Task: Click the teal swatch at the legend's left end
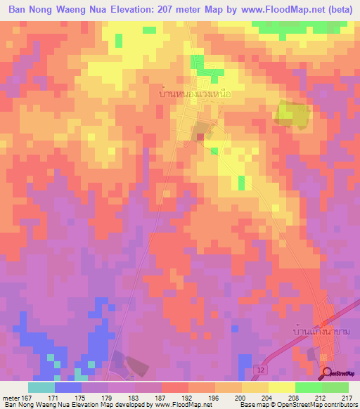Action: tap(41, 387)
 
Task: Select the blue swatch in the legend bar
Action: tap(68, 387)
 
